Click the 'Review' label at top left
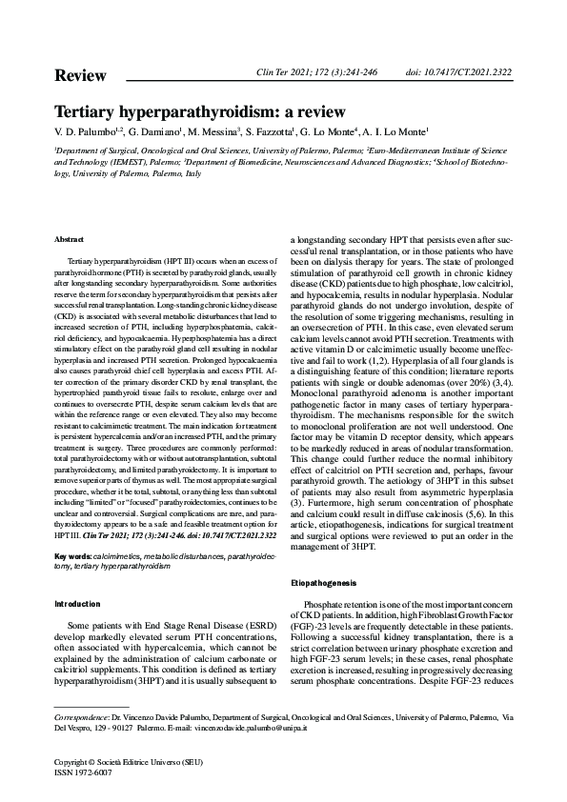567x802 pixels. tap(80, 75)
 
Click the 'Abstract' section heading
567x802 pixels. tap(70, 239)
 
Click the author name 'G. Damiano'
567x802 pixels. tap(152, 131)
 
